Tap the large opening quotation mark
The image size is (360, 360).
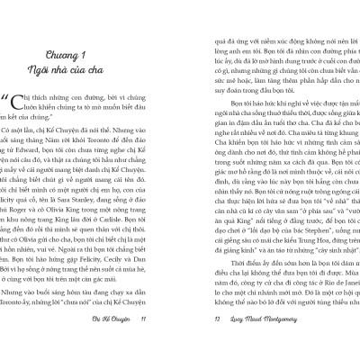click(x=20, y=105)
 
